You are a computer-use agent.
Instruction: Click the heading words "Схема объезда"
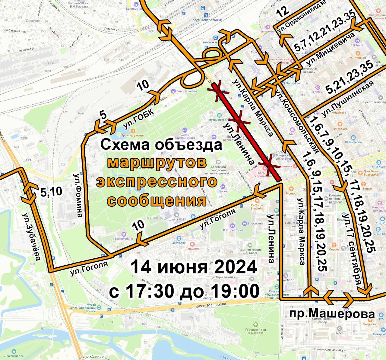click(161, 145)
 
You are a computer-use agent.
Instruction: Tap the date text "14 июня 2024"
click(194, 267)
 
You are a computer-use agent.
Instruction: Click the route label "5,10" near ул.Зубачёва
click(51, 192)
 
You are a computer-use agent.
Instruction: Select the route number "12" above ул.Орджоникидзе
click(283, 12)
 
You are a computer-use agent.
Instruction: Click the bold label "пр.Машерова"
click(332, 314)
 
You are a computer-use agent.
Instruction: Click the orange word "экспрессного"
click(157, 182)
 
